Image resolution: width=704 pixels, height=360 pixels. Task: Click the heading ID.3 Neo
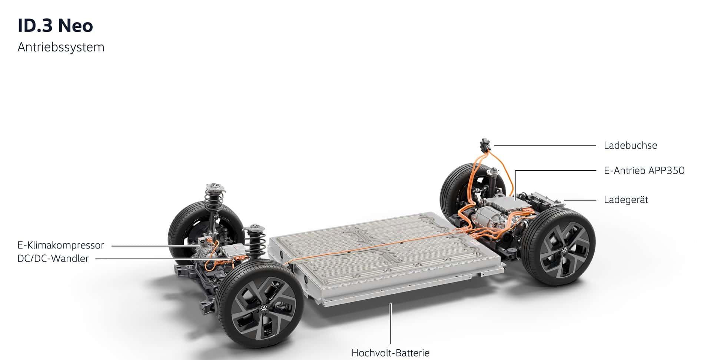tap(55, 26)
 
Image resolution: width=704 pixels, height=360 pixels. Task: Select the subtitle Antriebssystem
tap(61, 47)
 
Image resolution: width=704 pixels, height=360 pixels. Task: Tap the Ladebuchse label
tap(630, 145)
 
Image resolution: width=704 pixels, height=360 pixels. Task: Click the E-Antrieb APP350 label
tap(644, 170)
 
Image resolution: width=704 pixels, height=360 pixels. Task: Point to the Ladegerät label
tap(626, 200)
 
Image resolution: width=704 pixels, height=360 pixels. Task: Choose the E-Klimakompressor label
tap(61, 245)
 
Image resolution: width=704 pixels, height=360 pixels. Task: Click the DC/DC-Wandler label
tap(53, 259)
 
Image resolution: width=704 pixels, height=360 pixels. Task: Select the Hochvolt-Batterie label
tap(391, 353)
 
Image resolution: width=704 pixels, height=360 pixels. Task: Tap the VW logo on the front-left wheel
tap(263, 309)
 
